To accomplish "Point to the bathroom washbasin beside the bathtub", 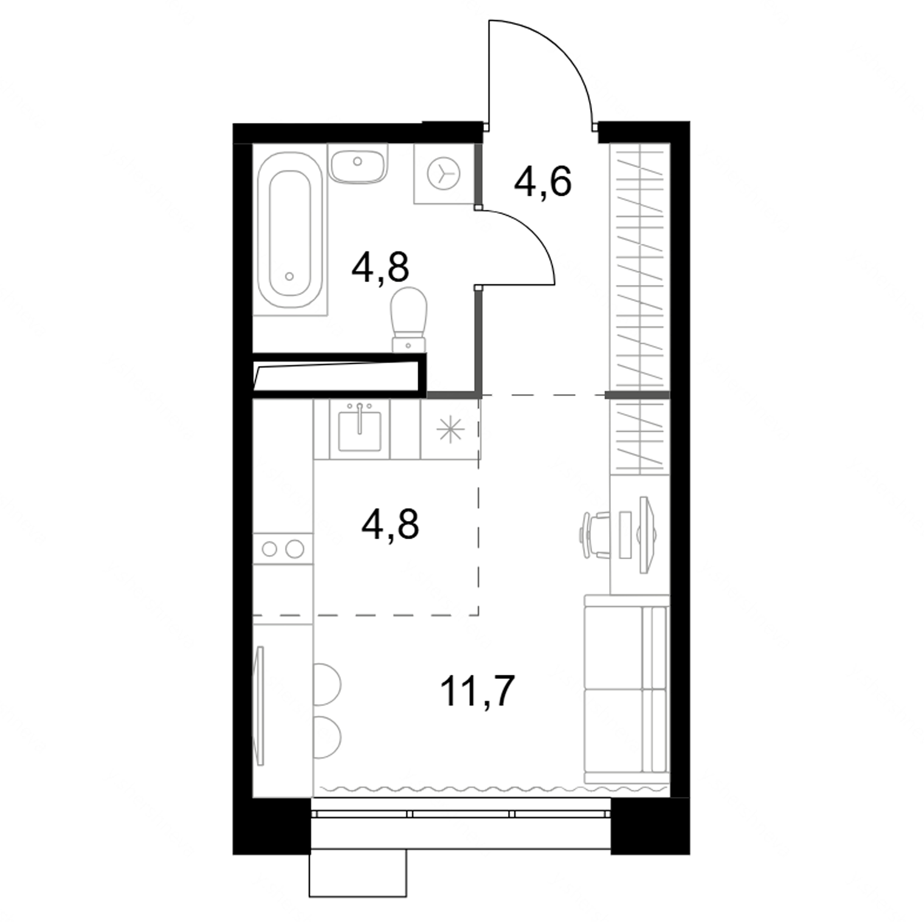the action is [x=357, y=162].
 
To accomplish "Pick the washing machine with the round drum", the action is [x=444, y=173].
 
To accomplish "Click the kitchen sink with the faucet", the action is [x=359, y=429].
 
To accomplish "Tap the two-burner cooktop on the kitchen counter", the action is [x=283, y=549].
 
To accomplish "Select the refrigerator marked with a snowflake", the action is [x=450, y=429].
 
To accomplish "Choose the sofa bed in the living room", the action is [x=626, y=689].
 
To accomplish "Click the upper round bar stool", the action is [x=327, y=684].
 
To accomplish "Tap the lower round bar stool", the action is [x=327, y=737].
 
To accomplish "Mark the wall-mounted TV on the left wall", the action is [x=260, y=706].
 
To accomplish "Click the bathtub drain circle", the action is [x=289, y=276].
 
